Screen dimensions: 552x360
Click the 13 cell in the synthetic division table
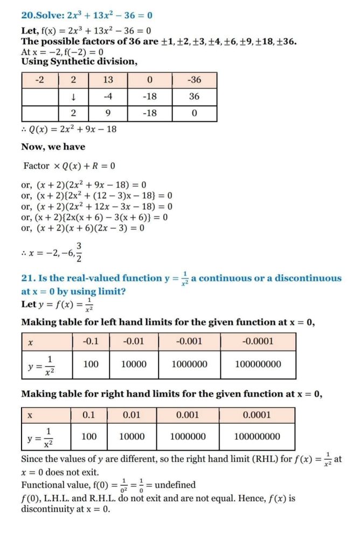pos(108,80)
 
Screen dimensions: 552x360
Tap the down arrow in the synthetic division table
pos(73,96)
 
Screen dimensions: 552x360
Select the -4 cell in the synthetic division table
pos(108,96)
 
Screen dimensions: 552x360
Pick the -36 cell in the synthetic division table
pos(194,80)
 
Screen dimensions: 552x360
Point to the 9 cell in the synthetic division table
pos(108,113)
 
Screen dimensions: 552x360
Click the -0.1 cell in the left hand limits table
pos(91,341)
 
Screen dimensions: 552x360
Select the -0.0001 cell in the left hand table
pos(258,341)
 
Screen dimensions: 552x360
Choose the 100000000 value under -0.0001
pos(258,364)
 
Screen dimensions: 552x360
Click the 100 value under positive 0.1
pos(89,437)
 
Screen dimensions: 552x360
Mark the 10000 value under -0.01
pos(133,364)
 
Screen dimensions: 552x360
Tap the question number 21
pos(27,279)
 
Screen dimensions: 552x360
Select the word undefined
pos(175,485)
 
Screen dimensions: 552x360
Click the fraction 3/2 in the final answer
pos(79,250)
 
